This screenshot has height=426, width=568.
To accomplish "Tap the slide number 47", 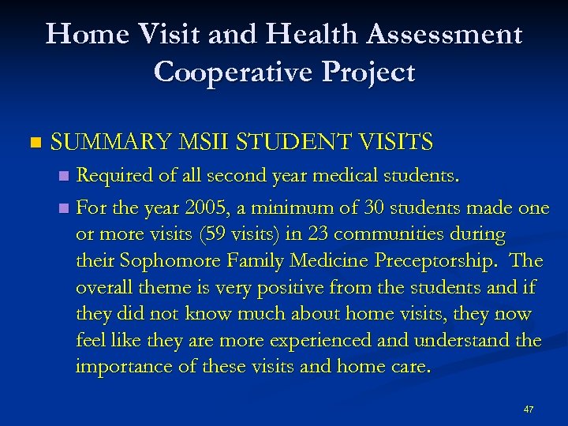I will coord(529,409).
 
